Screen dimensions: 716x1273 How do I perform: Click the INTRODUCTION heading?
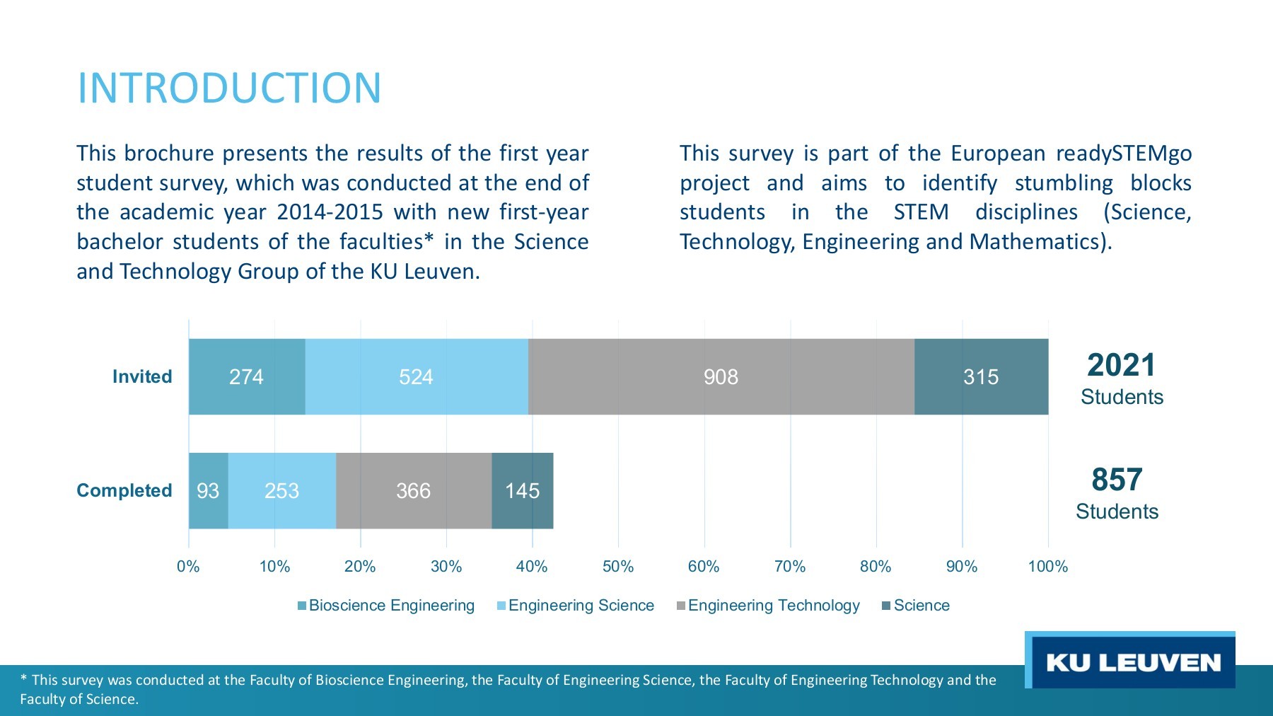tap(229, 88)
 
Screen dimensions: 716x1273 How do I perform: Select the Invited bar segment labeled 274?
tap(246, 376)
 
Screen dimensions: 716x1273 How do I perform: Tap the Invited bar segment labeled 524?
tap(416, 376)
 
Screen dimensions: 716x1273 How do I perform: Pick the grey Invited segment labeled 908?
tap(721, 376)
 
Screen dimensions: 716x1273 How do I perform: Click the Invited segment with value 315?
tap(981, 376)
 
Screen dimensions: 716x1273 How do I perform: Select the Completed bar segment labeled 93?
tap(208, 490)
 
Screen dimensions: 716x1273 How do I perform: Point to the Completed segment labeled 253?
tap(281, 490)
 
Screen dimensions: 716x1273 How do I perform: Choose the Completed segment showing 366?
tap(413, 490)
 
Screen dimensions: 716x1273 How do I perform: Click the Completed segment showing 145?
tap(522, 490)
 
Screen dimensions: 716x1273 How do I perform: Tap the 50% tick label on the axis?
tap(617, 566)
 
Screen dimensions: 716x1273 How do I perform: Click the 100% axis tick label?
tap(1047, 566)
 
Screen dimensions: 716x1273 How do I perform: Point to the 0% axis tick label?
tap(188, 566)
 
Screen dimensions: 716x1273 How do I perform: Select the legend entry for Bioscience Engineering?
tap(386, 606)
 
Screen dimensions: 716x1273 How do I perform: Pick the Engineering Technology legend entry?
tap(768, 606)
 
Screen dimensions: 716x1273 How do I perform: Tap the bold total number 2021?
tap(1121, 366)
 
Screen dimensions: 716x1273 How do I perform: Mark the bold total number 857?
tap(1117, 480)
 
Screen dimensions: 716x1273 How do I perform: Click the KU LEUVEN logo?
tap(1132, 662)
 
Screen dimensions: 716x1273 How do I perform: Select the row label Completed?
tap(124, 490)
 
